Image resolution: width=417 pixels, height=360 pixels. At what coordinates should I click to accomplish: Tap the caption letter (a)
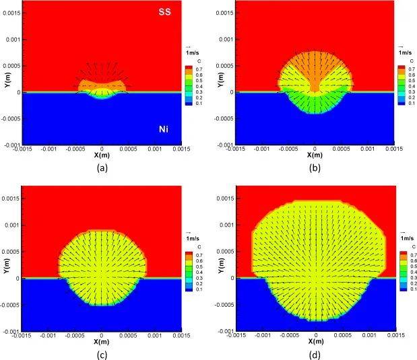(101, 168)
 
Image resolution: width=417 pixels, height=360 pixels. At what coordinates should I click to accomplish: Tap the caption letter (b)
(315, 168)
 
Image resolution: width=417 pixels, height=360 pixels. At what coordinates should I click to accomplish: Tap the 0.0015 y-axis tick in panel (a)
(11, 13)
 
